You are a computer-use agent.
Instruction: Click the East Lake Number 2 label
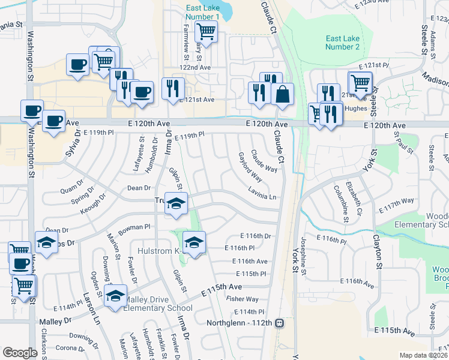342,43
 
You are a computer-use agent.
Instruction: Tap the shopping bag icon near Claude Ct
282,94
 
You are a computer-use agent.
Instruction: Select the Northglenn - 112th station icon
279,323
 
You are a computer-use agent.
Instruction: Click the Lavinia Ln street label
262,197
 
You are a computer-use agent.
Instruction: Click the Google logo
20,353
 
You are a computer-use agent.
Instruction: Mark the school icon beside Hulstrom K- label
193,242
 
